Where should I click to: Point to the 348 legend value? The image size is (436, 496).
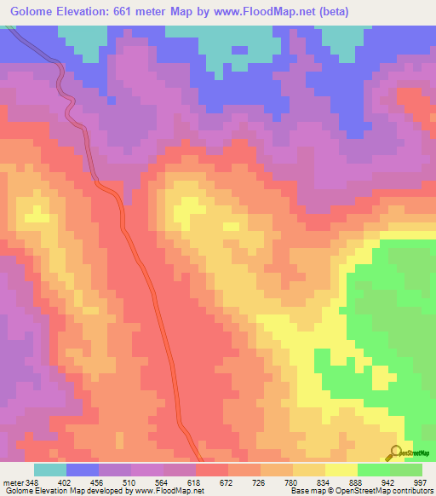32,482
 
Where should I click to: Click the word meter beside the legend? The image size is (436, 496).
13,482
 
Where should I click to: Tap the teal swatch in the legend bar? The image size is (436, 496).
49,470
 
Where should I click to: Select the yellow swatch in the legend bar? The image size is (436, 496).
341,470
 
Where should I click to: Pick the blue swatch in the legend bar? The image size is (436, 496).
83,470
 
